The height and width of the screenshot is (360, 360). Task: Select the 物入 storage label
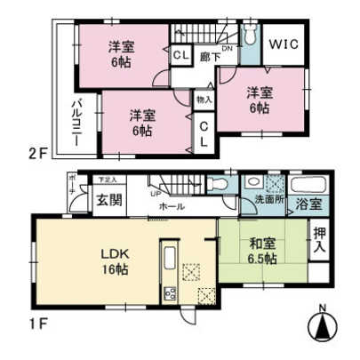tap(204, 100)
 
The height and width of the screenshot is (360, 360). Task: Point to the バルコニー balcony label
tap(76, 124)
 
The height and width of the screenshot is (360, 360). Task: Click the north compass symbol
tap(324, 326)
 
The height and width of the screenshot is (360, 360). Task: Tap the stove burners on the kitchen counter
tap(168, 293)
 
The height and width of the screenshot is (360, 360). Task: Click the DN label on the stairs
tap(228, 49)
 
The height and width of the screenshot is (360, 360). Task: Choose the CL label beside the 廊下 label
tap(180, 55)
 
